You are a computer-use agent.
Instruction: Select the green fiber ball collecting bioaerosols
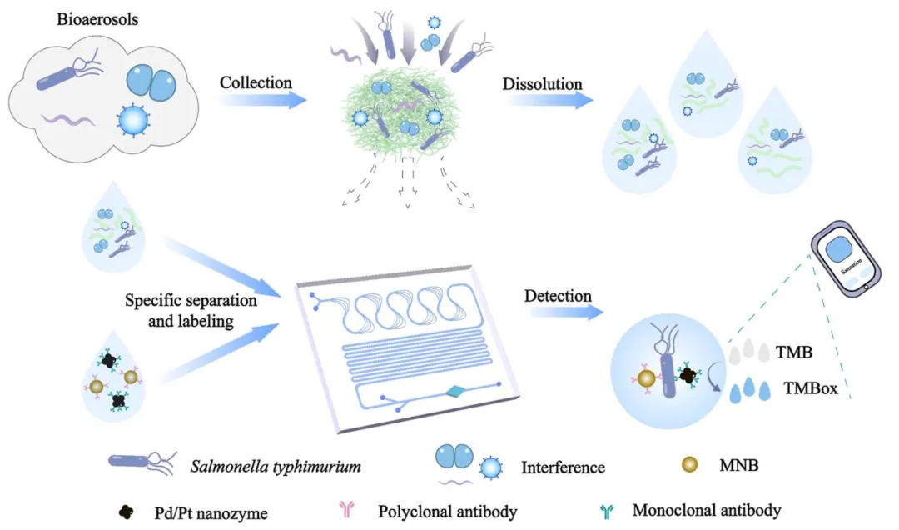(407, 121)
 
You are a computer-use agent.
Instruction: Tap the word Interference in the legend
(563, 467)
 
